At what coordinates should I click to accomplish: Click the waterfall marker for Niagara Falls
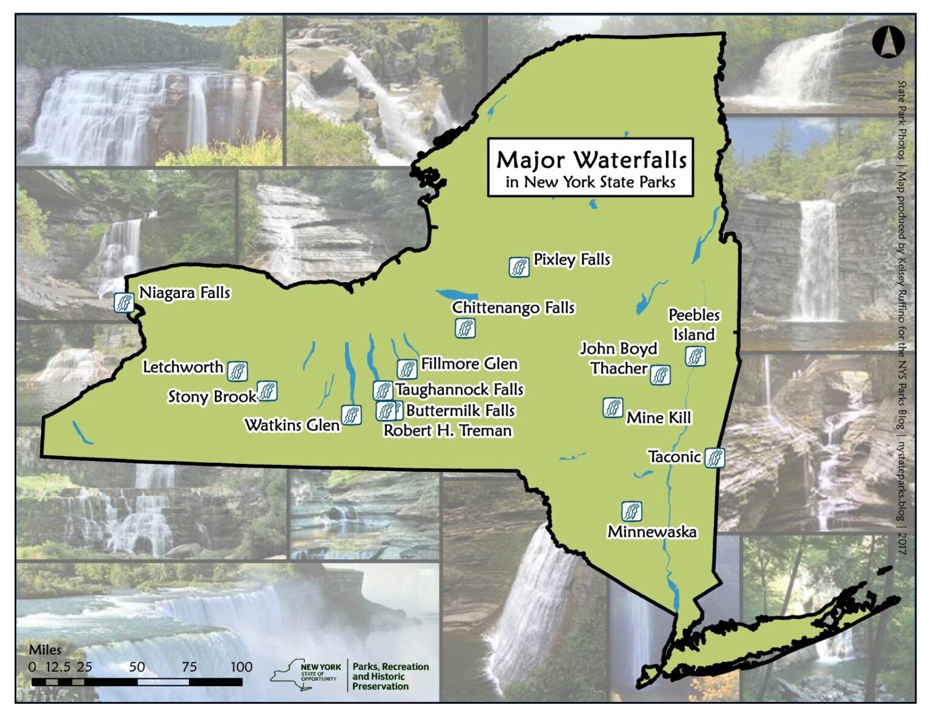(x=124, y=302)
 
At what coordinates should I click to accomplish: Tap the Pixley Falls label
(x=572, y=259)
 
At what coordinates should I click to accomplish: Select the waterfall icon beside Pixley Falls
(x=519, y=267)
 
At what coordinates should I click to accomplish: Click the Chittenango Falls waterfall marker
(x=465, y=328)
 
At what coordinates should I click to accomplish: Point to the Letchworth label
(x=183, y=366)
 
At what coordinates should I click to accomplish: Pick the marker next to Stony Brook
(x=267, y=391)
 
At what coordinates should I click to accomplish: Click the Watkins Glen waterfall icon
(x=351, y=414)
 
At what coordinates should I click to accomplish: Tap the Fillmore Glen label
(x=469, y=363)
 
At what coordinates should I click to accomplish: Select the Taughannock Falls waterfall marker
(x=383, y=390)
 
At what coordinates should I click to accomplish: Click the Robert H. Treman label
(x=448, y=430)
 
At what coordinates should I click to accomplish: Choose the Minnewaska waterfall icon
(x=632, y=511)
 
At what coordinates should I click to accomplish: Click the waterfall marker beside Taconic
(x=714, y=457)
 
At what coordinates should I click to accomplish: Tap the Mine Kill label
(x=659, y=417)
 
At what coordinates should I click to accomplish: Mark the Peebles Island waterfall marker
(x=695, y=356)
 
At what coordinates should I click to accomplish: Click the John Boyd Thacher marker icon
(x=660, y=375)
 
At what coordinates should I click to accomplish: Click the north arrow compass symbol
(x=888, y=42)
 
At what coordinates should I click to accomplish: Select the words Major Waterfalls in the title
(x=591, y=160)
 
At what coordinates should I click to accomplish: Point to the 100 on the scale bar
(x=241, y=666)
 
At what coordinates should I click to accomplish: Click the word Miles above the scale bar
(x=45, y=649)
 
